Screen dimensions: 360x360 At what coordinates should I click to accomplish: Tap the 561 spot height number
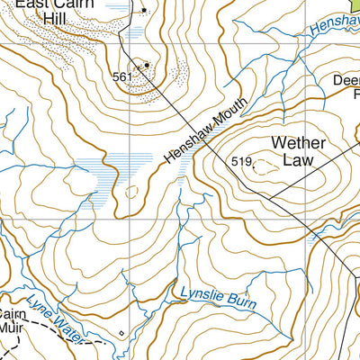tap(123, 77)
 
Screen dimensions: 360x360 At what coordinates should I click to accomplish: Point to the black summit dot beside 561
tap(146, 65)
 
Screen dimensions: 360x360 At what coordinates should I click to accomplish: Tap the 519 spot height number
tap(240, 162)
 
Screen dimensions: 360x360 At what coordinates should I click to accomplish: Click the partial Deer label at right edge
tap(346, 78)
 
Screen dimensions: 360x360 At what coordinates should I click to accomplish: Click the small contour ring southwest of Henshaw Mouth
tap(133, 192)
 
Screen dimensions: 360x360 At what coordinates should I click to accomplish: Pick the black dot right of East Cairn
tap(143, 10)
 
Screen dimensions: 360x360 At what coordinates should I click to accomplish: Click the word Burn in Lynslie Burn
tap(238, 303)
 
